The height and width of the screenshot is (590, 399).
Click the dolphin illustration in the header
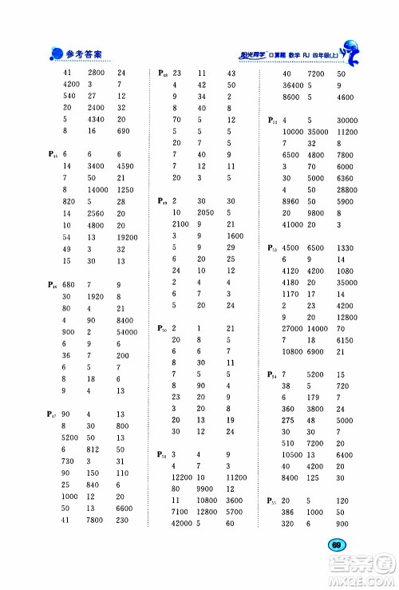(356, 52)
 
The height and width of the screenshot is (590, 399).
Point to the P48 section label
(164, 73)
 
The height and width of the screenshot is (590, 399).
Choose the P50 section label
(164, 329)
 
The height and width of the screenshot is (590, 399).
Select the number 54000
(128, 331)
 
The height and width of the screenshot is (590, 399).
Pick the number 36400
(295, 85)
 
